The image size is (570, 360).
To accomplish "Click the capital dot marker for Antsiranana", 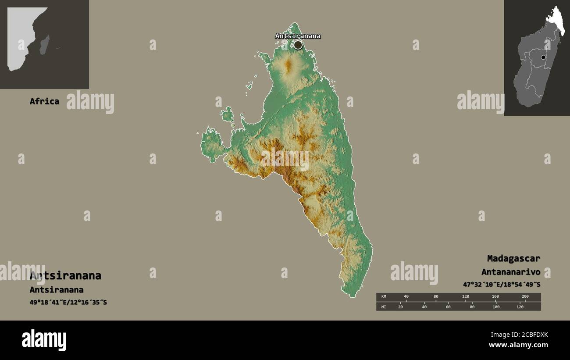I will coord(298,45).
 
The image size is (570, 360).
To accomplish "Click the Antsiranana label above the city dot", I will coord(298,36).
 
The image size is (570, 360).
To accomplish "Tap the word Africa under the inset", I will coord(44,101).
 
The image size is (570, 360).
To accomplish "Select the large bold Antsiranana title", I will coord(65,276).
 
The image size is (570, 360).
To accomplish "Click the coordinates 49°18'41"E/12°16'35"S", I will coord(68,302).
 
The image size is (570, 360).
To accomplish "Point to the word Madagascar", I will coord(513,258).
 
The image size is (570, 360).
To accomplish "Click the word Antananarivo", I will coord(510,272).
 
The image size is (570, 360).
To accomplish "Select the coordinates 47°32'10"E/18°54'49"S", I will coord(502,285).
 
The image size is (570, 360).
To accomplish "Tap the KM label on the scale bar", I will coord(384,297).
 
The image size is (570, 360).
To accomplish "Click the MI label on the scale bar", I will coord(384,307).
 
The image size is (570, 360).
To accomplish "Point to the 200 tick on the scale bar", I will coord(525,297).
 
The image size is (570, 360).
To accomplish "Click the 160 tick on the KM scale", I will coord(495,297).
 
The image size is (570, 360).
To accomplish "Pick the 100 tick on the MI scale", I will coord(496,307).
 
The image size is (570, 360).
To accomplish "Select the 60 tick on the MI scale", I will coord(448,307).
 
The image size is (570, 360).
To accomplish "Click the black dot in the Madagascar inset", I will coord(543,57).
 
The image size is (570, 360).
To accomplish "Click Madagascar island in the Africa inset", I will coord(44,45).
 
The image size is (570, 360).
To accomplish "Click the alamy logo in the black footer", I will coord(44,340).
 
